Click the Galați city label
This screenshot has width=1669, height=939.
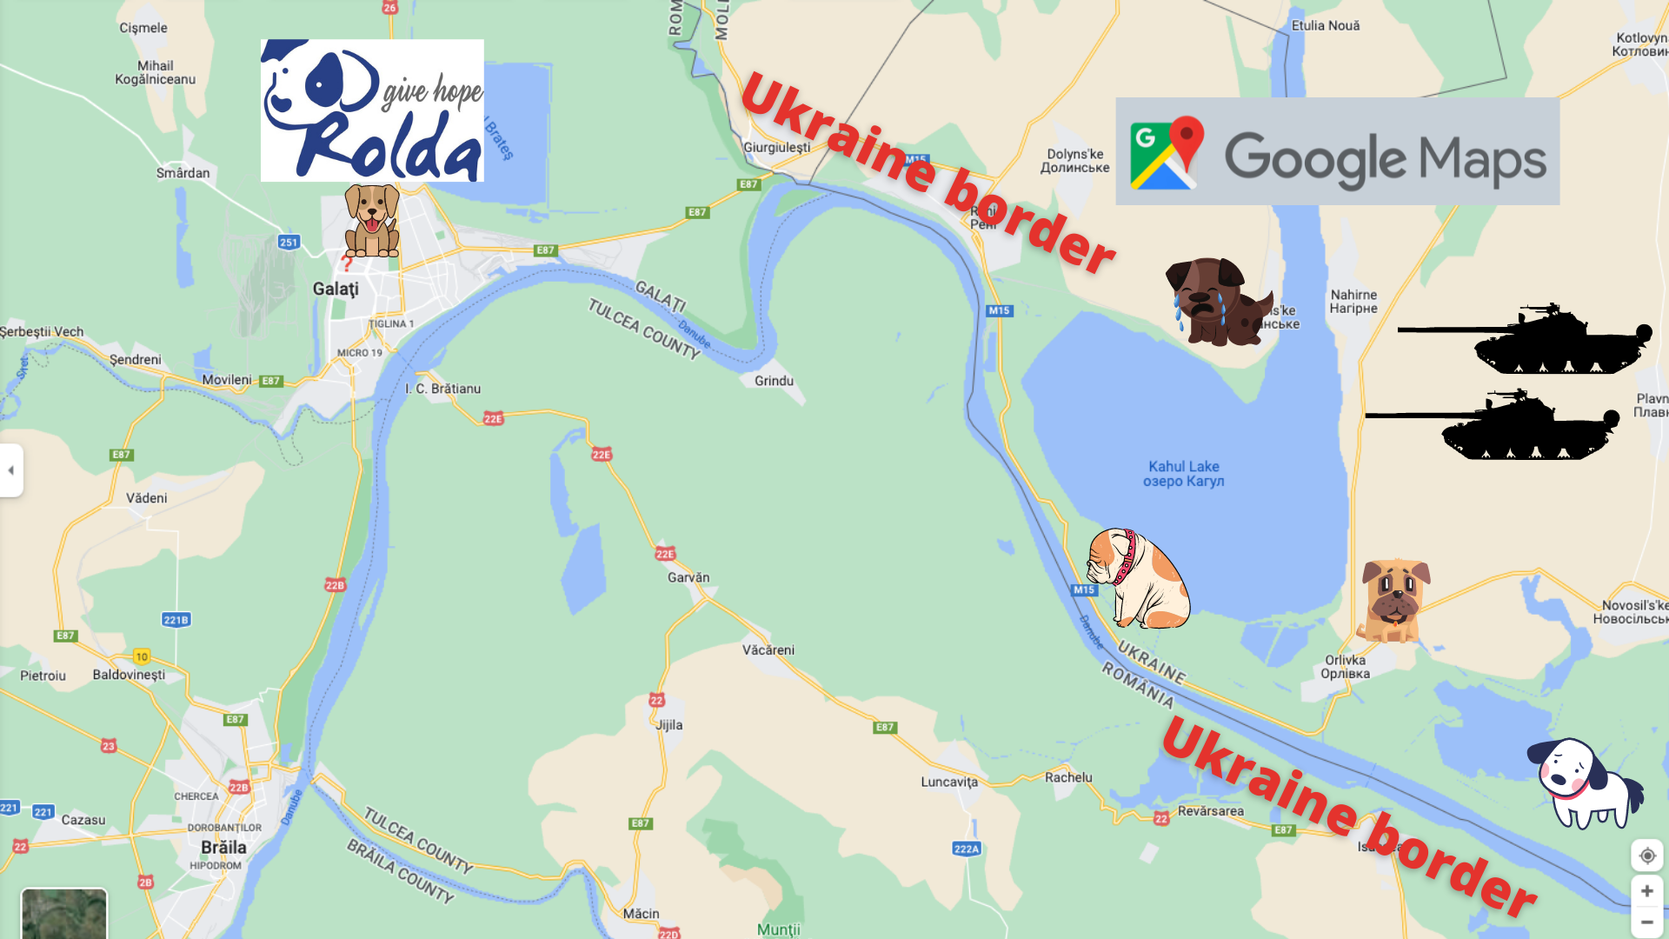click(336, 289)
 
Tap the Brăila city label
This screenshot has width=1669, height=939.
click(223, 847)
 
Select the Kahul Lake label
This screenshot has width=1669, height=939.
click(1183, 474)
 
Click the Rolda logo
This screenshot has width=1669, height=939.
click(372, 110)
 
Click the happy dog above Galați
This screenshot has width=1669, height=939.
click(372, 220)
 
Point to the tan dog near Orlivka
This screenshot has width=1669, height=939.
click(1394, 600)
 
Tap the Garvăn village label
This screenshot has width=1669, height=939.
click(688, 577)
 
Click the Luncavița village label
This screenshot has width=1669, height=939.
click(949, 782)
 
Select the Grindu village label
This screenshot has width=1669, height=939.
click(774, 381)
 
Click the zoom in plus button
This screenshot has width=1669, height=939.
click(1646, 891)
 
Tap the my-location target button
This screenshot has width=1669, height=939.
click(1646, 856)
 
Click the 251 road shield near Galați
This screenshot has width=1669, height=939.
click(289, 243)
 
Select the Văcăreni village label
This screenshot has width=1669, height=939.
click(768, 649)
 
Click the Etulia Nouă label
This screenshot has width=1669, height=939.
click(1325, 26)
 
